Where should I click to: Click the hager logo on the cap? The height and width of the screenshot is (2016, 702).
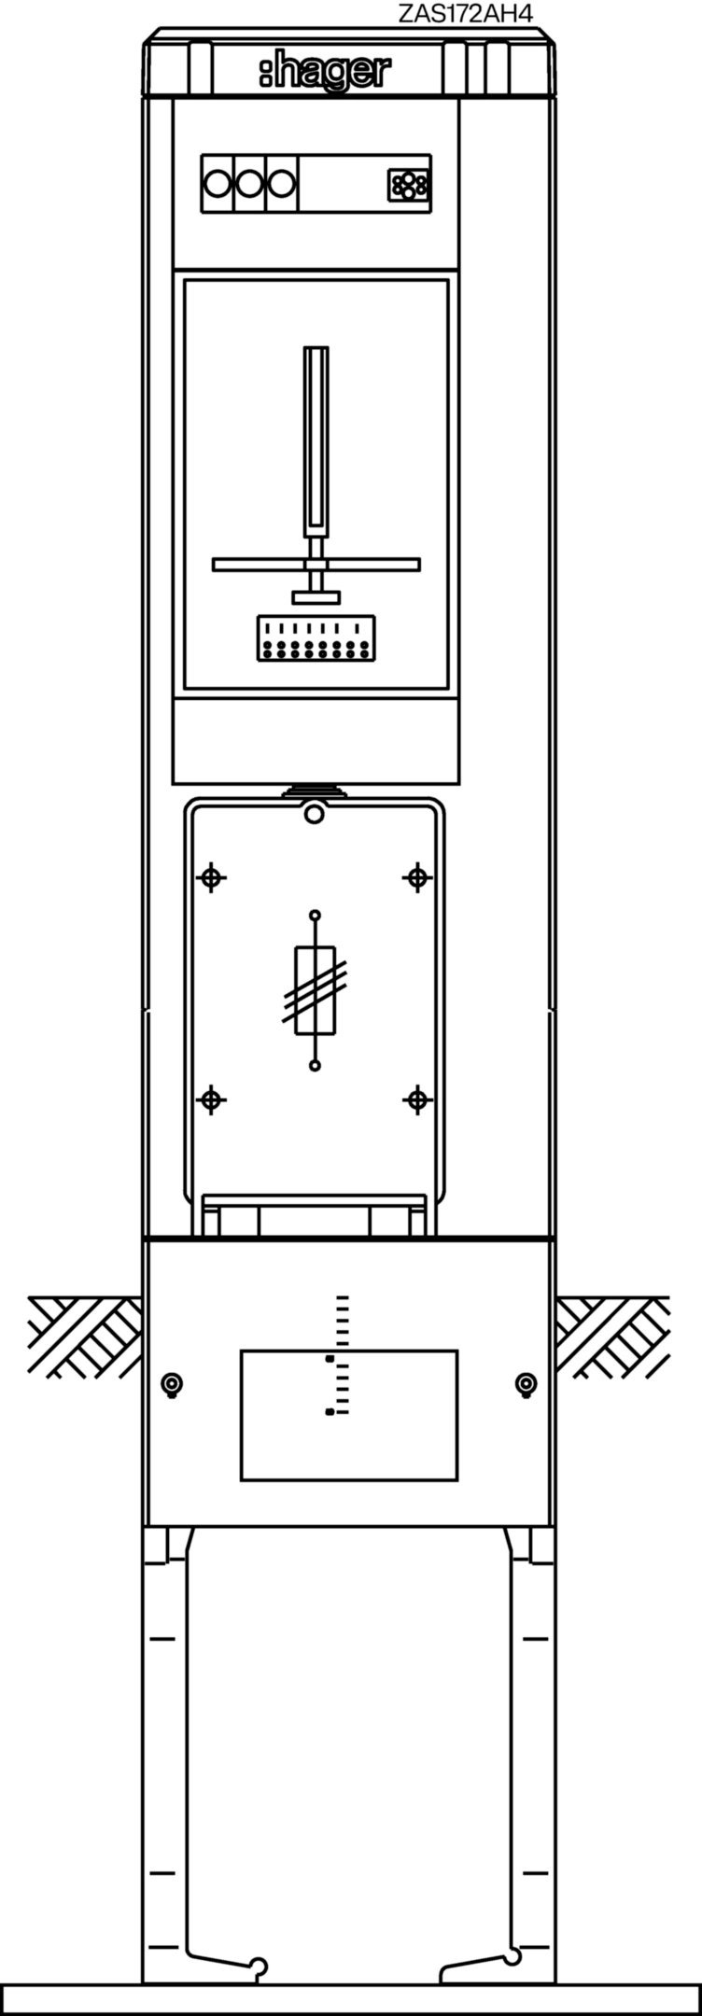325,73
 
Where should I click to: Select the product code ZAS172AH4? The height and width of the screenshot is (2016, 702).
465,13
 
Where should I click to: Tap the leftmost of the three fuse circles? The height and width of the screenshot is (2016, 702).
218,184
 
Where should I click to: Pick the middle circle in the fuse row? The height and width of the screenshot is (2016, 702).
249,184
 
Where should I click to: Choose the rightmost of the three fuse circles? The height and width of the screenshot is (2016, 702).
281,184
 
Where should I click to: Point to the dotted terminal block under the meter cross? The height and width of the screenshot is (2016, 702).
316,638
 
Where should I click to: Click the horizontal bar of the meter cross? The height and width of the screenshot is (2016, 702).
316,565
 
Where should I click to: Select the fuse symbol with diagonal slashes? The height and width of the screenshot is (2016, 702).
316,990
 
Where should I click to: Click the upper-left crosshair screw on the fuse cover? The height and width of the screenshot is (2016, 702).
212,877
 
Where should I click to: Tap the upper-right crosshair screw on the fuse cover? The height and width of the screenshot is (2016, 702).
417,877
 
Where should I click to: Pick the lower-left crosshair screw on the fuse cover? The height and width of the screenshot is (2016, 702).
212,1100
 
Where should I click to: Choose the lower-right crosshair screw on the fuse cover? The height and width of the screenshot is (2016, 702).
417,1100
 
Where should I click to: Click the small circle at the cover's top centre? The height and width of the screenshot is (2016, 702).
315,816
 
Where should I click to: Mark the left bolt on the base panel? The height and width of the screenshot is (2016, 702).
171,1384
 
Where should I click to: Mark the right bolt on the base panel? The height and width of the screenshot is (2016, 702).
526,1384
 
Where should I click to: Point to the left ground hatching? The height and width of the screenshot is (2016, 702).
85,1337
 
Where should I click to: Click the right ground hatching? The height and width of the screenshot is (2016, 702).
612,1337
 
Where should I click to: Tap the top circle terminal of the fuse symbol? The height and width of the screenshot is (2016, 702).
315,915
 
